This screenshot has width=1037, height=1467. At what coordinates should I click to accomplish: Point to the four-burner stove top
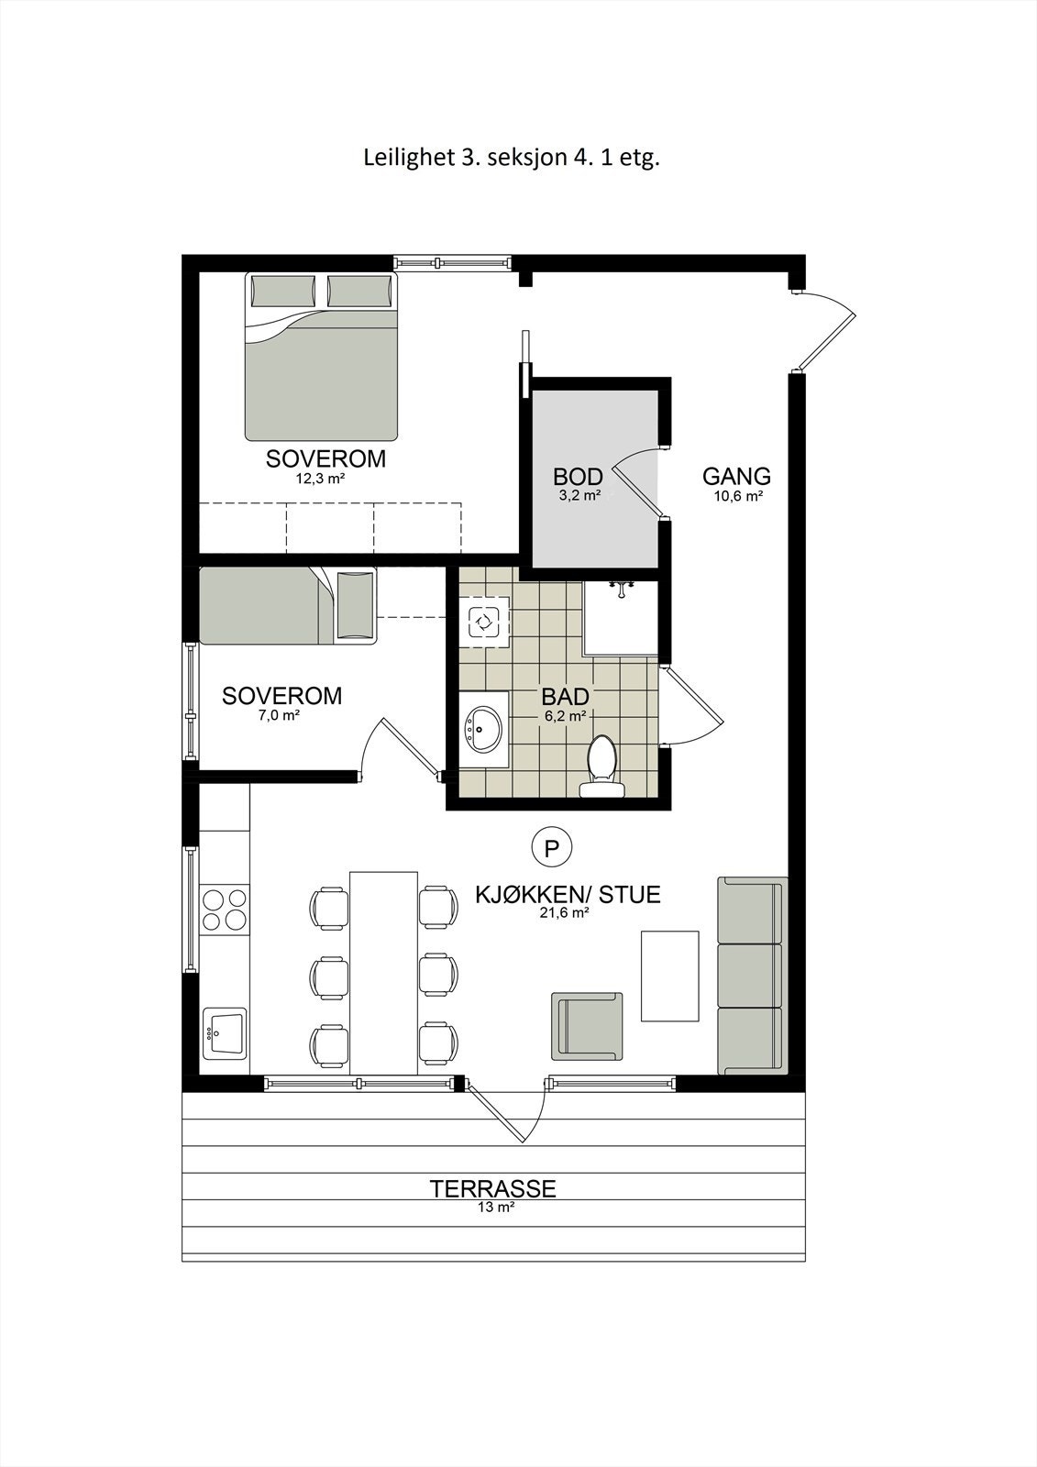click(x=225, y=909)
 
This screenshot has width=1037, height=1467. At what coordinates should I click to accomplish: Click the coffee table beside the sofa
click(x=669, y=976)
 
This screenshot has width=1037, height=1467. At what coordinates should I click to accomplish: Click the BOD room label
click(x=578, y=477)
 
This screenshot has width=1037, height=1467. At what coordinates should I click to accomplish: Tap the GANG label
click(x=736, y=477)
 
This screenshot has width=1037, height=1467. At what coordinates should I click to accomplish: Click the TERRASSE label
click(x=493, y=1189)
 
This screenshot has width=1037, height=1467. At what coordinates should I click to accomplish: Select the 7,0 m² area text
click(x=281, y=715)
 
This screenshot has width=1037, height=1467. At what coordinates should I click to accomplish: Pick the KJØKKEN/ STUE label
click(x=568, y=894)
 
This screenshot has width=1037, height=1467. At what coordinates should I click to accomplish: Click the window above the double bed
click(x=451, y=263)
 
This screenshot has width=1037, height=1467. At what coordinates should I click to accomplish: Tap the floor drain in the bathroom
click(x=482, y=623)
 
